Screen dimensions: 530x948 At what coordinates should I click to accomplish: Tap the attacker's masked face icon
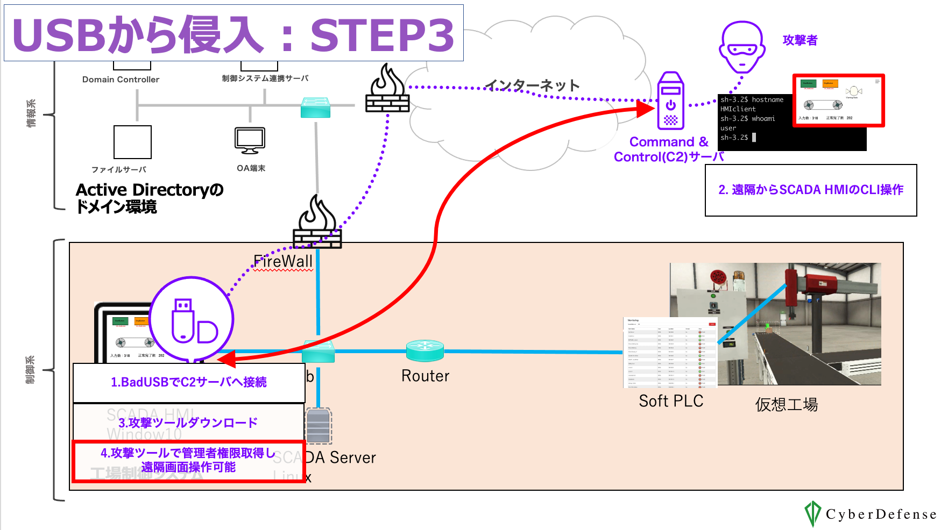pyautogui.click(x=742, y=47)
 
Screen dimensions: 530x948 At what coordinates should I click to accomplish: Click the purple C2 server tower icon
pyautogui.click(x=670, y=101)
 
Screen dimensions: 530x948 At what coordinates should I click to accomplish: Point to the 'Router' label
pyautogui.click(x=425, y=376)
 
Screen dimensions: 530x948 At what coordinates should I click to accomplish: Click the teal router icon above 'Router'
pyautogui.click(x=425, y=350)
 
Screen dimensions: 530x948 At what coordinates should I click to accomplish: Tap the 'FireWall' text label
pyautogui.click(x=282, y=262)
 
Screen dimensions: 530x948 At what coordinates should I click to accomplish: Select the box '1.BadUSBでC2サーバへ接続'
pyautogui.click(x=189, y=382)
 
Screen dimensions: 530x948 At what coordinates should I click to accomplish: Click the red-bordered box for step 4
pyautogui.click(x=189, y=461)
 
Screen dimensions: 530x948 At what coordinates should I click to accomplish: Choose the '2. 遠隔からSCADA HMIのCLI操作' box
pyautogui.click(x=811, y=190)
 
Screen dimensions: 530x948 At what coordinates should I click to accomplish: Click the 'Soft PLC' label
pyautogui.click(x=671, y=401)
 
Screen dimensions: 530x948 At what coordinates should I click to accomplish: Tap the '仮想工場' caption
pyautogui.click(x=787, y=404)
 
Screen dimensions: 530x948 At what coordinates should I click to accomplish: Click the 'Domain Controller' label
pyautogui.click(x=121, y=80)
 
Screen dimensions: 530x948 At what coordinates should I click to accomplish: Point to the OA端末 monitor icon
pyautogui.click(x=250, y=140)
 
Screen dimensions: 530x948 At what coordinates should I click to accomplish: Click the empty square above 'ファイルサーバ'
pyautogui.click(x=132, y=142)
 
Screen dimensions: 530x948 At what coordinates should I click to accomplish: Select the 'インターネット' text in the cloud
pyautogui.click(x=532, y=85)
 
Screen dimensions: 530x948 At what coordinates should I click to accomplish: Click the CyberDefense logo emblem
pyautogui.click(x=812, y=513)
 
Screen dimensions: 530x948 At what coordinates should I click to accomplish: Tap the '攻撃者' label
pyautogui.click(x=800, y=40)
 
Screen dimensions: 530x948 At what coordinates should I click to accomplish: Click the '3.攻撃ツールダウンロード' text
pyautogui.click(x=188, y=422)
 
